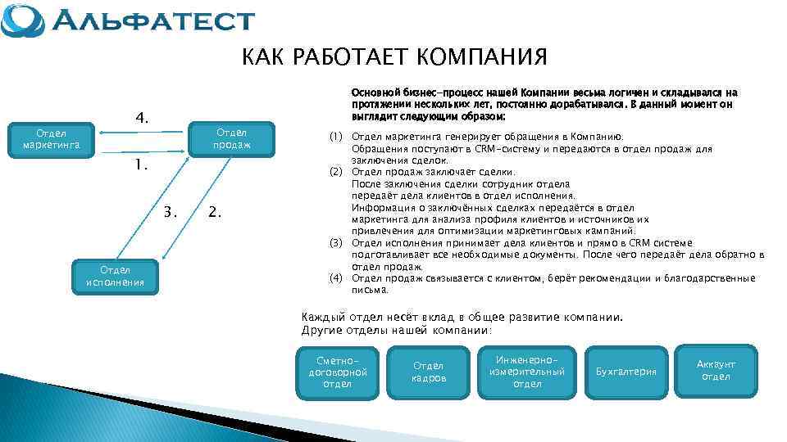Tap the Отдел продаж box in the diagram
coord(231,139)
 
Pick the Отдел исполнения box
coord(115,277)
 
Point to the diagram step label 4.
coord(142,119)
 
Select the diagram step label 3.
coord(171,212)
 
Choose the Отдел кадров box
coord(429,372)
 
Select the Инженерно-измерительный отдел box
coord(527,372)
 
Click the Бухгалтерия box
coord(626,372)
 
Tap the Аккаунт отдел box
coord(716,370)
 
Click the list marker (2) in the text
coord(335,172)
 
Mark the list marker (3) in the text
coord(335,243)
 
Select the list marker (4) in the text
coord(335,278)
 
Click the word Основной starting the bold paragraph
coord(373,92)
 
